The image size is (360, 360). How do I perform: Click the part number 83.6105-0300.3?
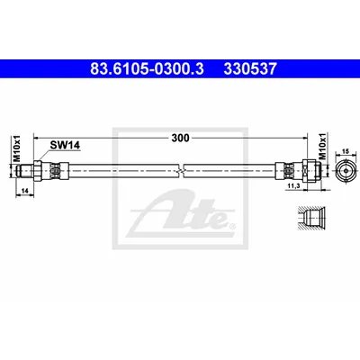[148, 69]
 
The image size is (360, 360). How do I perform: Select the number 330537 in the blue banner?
[249, 69]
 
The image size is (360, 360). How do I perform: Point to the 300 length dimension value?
[180, 138]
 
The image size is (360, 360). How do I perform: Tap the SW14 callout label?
[65, 146]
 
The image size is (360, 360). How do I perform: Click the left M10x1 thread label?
[17, 148]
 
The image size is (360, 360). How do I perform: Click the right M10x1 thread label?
[322, 147]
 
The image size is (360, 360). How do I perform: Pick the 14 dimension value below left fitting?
[24, 190]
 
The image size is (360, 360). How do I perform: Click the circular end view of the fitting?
[346, 171]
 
